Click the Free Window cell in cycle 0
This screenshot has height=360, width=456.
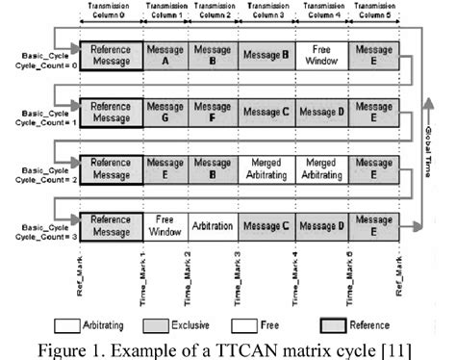(x=320, y=55)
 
